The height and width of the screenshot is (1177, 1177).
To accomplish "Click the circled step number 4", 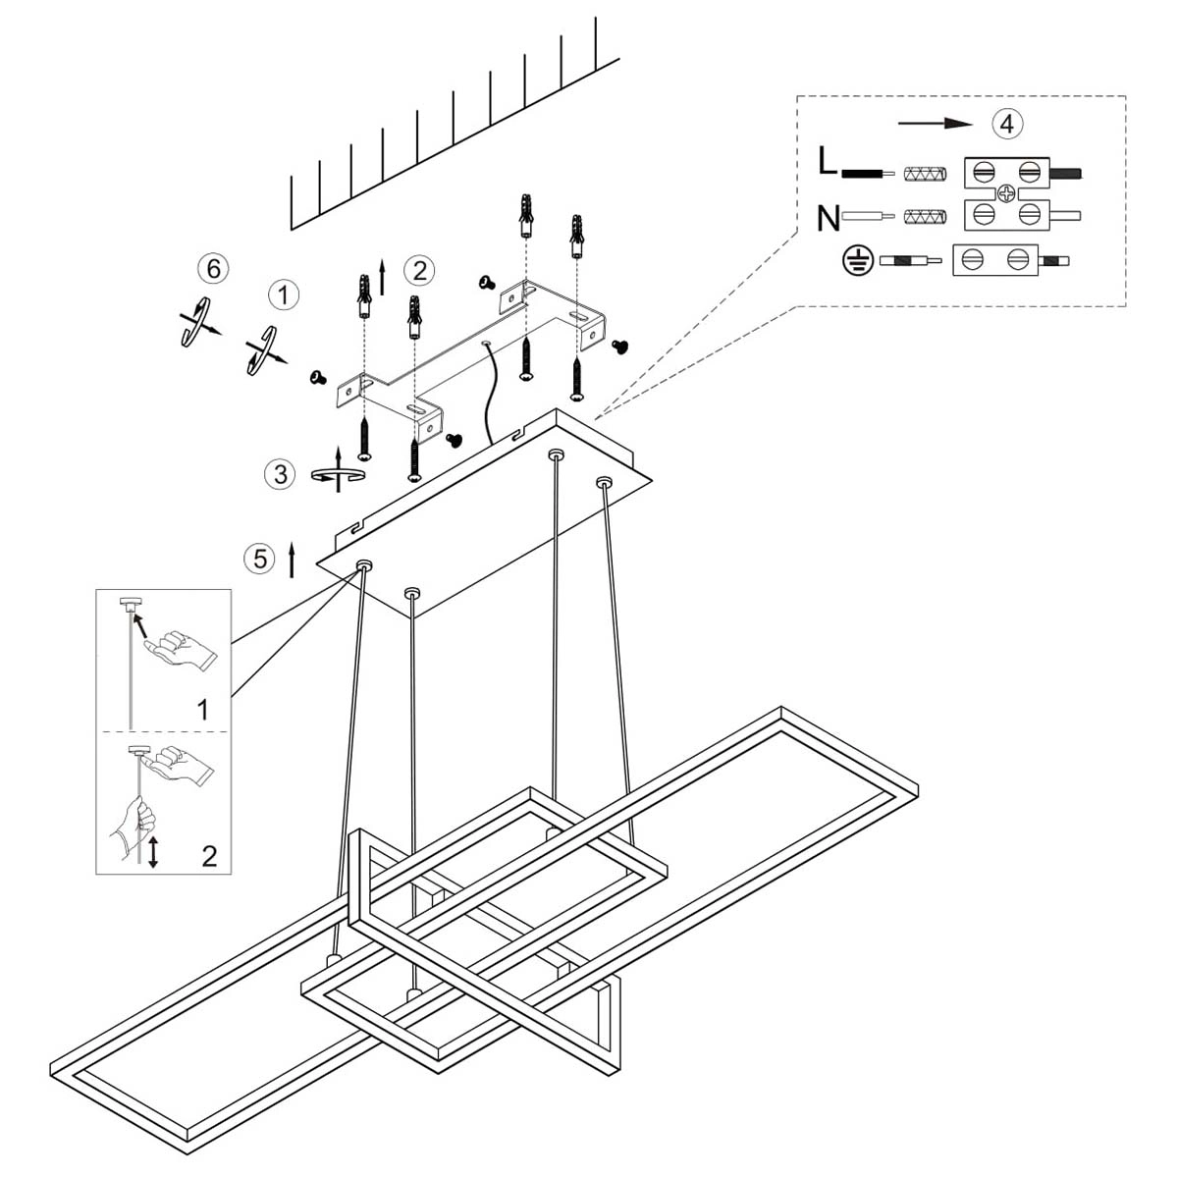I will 1007,124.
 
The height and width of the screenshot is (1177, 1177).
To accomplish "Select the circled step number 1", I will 284,294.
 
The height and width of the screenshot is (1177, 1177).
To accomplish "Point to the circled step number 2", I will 419,270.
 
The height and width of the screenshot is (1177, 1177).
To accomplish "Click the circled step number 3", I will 281,474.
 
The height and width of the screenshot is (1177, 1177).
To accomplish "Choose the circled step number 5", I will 259,559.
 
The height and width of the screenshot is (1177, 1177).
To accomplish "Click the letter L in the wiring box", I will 828,161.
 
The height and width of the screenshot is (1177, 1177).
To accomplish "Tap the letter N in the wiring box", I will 829,217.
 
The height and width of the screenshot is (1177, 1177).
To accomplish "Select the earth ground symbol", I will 857,261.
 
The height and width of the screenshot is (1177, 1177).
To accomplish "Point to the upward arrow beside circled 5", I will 292,559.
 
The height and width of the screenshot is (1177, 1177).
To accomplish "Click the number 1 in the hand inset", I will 203,709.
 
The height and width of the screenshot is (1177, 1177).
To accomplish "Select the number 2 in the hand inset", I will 209,856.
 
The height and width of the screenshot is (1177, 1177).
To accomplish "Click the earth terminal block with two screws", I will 994,260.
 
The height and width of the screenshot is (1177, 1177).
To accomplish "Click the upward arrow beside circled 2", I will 382,278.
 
